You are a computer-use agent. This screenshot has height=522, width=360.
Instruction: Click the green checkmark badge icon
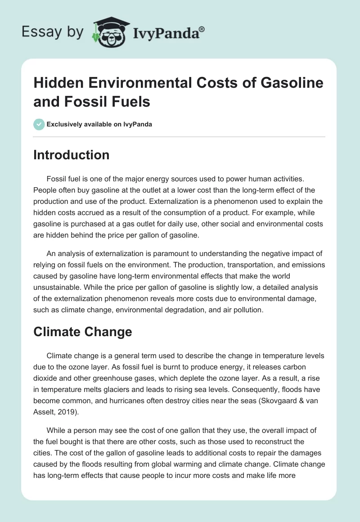39,124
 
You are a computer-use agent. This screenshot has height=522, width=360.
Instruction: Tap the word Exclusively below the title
66,124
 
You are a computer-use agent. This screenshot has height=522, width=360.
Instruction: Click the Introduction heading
72,155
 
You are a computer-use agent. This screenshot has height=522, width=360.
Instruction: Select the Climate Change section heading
83,332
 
